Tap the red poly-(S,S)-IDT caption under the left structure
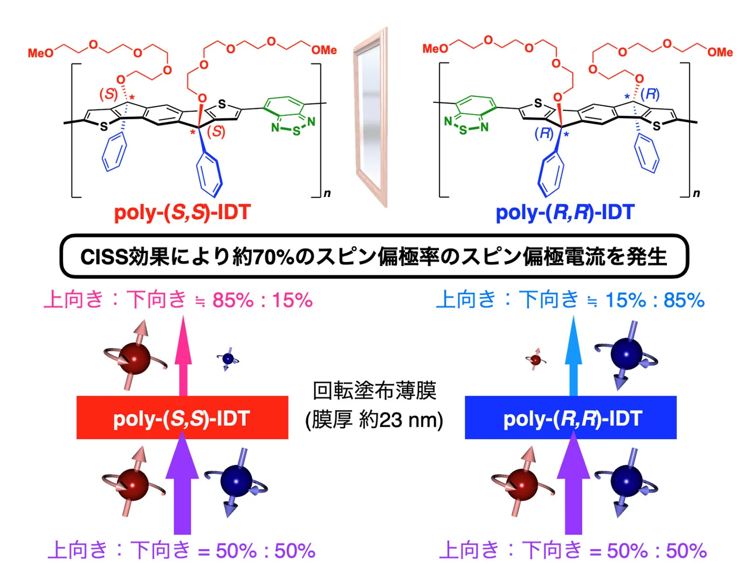182,212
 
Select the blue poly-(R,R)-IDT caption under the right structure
565,212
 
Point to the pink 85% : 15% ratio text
262,300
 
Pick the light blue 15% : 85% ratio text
654,300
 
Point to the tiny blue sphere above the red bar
228,359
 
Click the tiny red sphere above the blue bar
535,360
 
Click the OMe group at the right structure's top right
720,52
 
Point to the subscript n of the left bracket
327,193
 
